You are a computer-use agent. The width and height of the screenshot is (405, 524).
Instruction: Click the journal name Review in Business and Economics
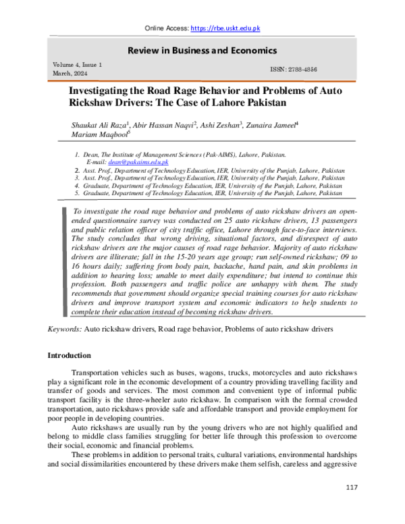point(202,49)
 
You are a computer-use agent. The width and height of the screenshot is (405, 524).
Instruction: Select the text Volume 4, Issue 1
point(77,65)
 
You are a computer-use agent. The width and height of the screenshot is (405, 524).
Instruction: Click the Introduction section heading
point(69,355)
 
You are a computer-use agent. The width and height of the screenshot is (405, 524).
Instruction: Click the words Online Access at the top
point(167,28)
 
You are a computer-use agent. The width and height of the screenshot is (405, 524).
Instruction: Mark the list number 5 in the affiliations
point(77,193)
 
